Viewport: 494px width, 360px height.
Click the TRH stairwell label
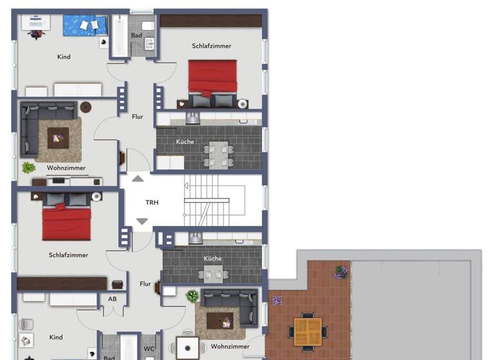(x=152, y=203)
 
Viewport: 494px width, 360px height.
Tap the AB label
(x=113, y=299)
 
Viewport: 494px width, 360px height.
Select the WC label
(x=149, y=349)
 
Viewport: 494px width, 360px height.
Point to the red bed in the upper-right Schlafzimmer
(x=212, y=78)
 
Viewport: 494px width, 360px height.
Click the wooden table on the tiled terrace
(x=308, y=330)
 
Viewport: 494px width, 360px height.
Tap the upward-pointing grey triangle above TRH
(x=138, y=179)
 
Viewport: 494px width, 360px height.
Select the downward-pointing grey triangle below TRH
(x=142, y=222)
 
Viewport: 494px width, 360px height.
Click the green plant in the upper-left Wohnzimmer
(x=28, y=168)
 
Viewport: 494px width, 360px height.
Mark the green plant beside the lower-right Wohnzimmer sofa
(x=192, y=296)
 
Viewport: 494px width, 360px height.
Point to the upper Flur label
(x=138, y=117)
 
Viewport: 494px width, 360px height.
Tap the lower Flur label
(x=145, y=283)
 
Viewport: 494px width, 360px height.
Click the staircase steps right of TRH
(x=207, y=201)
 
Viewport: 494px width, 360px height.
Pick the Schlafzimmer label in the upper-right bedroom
(x=212, y=46)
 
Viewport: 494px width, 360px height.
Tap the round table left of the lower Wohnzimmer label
(x=188, y=348)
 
